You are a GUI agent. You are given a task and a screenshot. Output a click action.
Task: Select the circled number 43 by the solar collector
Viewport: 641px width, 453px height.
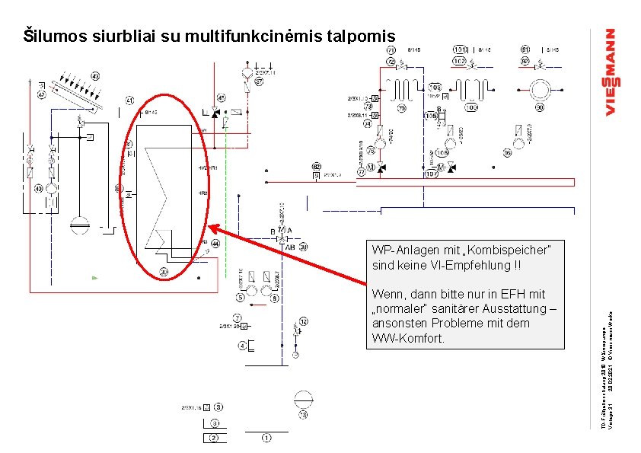pos(95,76)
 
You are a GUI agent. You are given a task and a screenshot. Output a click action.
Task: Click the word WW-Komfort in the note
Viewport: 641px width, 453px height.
pos(407,337)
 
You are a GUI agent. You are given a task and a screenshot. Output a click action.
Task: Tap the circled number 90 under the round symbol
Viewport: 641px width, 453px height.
pos(540,107)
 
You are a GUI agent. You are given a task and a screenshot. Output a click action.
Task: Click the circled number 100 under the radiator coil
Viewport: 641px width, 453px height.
pos(471,107)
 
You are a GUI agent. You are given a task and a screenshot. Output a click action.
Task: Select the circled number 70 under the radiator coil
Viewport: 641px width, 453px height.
pos(400,107)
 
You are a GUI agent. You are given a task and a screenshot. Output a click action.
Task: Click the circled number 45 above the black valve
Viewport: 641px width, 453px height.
pos(221,98)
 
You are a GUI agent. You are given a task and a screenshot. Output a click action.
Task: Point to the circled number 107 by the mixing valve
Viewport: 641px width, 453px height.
pos(432,174)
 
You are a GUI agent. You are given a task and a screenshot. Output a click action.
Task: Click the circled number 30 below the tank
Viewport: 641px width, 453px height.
pos(164,272)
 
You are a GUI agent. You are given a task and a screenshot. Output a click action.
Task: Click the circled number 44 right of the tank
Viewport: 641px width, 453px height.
pos(215,244)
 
